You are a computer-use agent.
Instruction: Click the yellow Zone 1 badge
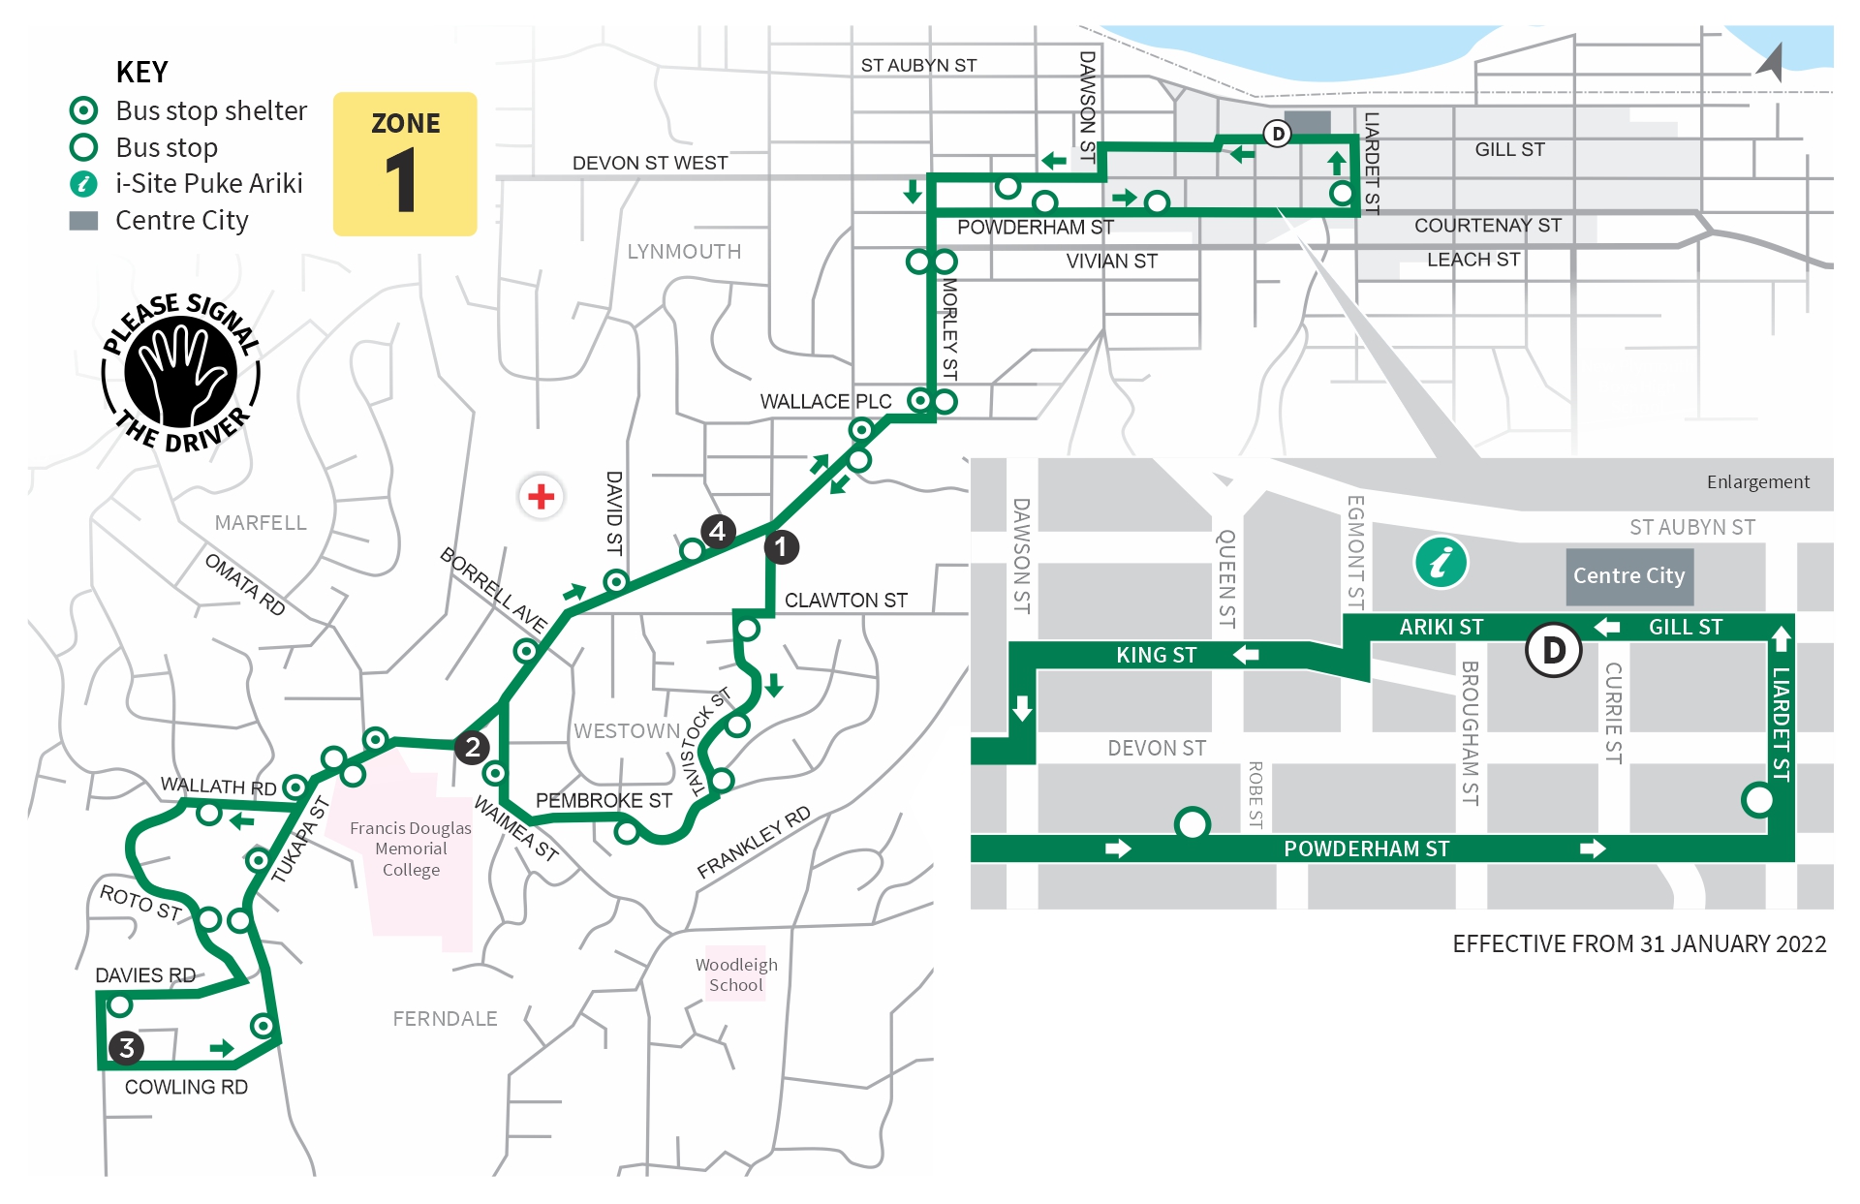point(405,164)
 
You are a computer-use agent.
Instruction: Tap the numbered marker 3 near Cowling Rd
point(126,1048)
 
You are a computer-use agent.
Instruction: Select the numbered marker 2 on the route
point(472,747)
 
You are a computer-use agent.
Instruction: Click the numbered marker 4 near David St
point(717,531)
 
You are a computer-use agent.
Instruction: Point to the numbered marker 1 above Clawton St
point(781,547)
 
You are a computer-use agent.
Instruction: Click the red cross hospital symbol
point(541,497)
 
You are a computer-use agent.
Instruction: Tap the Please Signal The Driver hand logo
point(181,373)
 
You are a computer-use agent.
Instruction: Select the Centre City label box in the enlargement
point(1628,576)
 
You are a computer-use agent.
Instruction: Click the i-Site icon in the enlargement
point(1441,562)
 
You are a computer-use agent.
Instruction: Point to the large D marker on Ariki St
point(1553,650)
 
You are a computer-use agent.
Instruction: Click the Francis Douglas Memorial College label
point(411,849)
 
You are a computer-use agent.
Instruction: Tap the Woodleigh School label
point(736,974)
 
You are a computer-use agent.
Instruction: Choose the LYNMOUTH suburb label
point(684,252)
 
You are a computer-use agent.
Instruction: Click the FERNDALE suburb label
point(445,1019)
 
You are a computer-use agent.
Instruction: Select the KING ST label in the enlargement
point(1156,656)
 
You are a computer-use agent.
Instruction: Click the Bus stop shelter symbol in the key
point(84,110)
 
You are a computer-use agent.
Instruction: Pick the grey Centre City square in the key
point(84,221)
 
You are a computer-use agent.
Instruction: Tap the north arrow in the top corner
point(1771,62)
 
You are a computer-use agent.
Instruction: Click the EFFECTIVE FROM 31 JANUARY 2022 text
point(1638,944)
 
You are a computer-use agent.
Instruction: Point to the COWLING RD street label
point(186,1088)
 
